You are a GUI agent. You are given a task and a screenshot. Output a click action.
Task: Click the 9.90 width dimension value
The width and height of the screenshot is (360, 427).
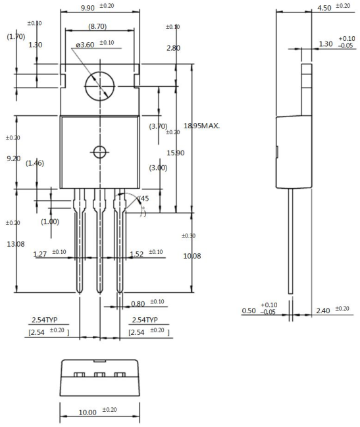[88, 8]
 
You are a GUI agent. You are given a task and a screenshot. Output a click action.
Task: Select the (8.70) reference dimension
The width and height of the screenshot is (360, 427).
[97, 26]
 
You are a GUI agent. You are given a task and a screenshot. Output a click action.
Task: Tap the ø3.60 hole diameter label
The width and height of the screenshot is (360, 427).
[86, 45]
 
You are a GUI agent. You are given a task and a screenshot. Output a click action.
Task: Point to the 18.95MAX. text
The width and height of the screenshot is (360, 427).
[202, 126]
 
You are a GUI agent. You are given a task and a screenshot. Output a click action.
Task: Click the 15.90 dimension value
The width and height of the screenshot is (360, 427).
[176, 153]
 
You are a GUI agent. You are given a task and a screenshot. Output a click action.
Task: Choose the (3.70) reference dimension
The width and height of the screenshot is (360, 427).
[158, 126]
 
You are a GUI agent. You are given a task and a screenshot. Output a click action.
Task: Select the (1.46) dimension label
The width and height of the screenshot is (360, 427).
[35, 163]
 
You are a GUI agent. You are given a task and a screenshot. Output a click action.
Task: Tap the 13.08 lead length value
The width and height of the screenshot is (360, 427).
[16, 244]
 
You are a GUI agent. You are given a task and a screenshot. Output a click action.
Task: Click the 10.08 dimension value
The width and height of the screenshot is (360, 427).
[192, 256]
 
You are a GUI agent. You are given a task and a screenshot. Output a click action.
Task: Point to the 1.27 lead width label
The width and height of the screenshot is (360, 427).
[40, 254]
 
